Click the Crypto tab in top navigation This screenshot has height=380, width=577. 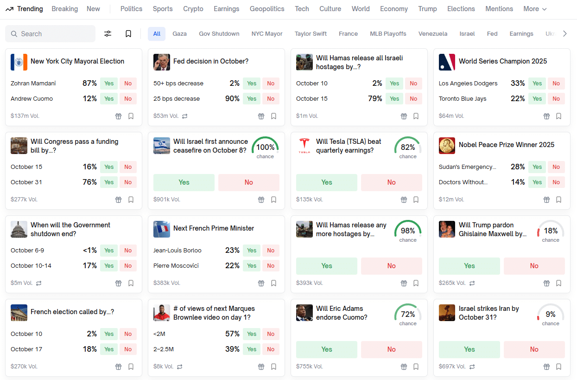point(193,9)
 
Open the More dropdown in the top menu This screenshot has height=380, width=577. point(535,9)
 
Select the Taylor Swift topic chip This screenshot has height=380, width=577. point(311,34)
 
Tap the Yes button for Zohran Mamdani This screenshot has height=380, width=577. point(109,84)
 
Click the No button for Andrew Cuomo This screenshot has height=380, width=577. point(128,99)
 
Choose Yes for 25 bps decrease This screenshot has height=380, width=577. point(252,99)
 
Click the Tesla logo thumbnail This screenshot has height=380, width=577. point(304,146)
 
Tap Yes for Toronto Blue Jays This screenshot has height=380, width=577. point(537,99)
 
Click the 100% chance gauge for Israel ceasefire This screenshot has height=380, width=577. point(265,148)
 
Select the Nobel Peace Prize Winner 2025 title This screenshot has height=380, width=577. point(506,145)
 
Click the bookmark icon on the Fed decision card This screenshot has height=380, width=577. point(273,116)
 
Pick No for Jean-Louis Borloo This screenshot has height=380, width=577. point(271,251)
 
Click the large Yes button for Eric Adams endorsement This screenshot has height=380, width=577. point(327,349)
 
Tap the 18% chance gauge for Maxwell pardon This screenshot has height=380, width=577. point(551,231)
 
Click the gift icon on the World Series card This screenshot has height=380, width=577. point(546,116)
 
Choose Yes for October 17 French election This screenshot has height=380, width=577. point(109,349)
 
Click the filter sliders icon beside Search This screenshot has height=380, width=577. point(108,34)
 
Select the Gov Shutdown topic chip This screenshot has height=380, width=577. point(219,34)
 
